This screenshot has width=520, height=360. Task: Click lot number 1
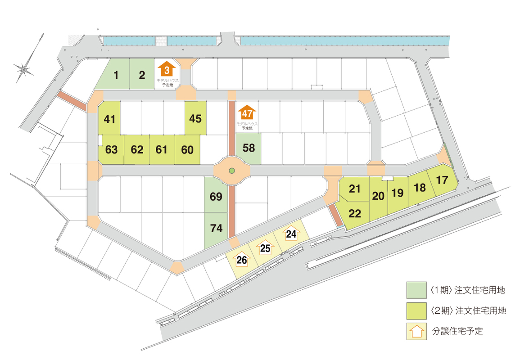coord(115,75)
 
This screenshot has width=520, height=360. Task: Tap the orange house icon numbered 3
coord(167,69)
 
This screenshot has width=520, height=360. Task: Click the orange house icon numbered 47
coord(247,112)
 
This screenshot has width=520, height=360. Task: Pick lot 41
coord(109,118)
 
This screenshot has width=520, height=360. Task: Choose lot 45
coord(195,118)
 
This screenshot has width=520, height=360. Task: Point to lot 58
coord(249,148)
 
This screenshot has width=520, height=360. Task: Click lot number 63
coord(112,149)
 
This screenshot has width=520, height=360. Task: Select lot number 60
coord(187,149)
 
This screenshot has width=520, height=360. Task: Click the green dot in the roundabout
coord(232,171)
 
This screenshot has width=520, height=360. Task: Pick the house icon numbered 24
coord(291,233)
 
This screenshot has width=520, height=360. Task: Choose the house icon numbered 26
coord(242,259)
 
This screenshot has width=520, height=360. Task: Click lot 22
coord(354,214)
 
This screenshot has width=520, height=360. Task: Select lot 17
coord(442,180)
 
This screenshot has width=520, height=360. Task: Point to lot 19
coord(397,193)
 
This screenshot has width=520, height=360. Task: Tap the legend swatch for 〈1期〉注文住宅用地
coord(416,290)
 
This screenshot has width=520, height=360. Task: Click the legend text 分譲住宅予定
coord(457,331)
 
